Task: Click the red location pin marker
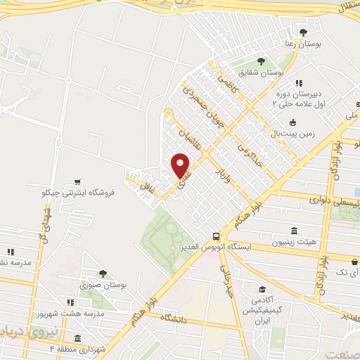181,166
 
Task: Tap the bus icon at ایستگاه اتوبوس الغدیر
216,237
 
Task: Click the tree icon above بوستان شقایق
261,61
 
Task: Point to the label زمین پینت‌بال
293,131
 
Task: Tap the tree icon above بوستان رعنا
303,32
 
